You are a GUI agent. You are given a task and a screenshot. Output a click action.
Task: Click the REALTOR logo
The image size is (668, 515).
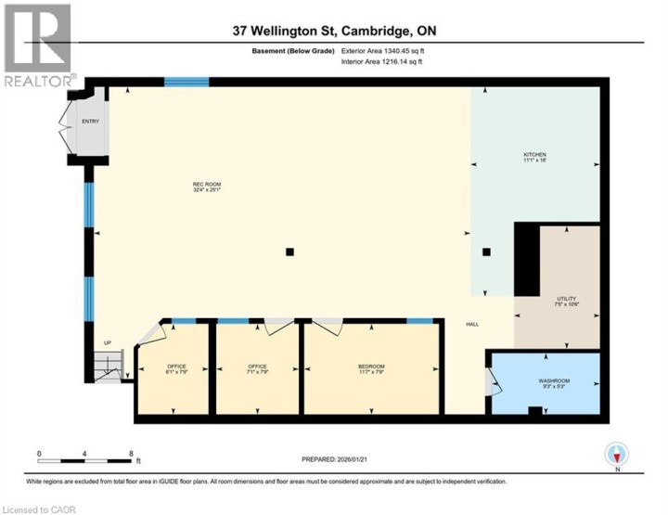[37, 45]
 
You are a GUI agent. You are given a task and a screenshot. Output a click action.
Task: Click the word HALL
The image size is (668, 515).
[472, 324]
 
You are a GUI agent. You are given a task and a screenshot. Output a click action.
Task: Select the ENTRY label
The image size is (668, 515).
[90, 121]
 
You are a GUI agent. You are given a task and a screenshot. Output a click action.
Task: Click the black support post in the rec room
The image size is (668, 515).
[290, 251]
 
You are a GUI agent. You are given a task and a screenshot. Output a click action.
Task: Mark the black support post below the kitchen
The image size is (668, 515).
[486, 251]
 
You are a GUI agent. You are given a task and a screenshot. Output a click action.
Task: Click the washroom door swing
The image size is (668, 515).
[494, 382]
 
